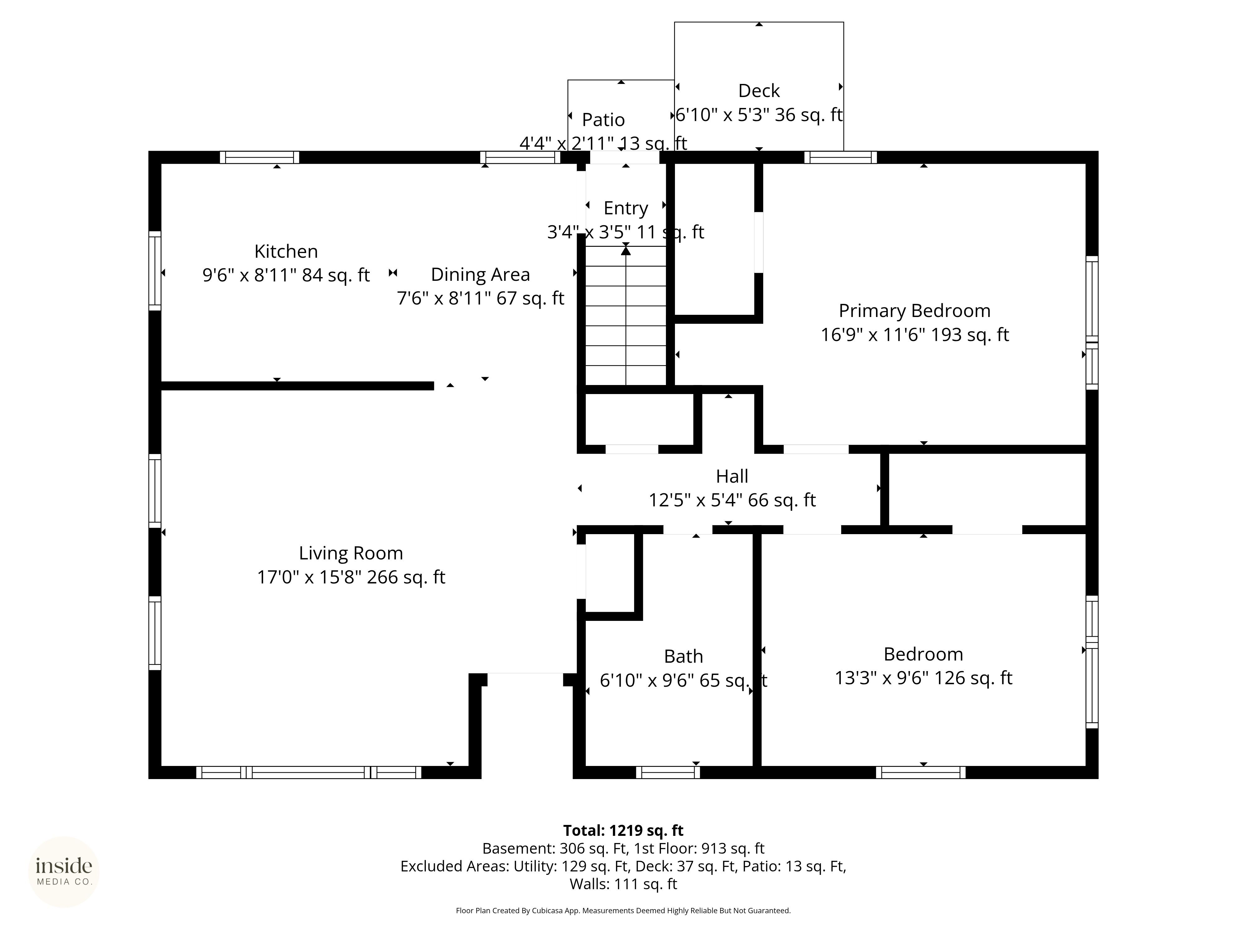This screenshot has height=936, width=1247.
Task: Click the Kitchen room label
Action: [x=286, y=251]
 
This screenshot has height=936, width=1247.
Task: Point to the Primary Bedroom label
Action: [x=914, y=311]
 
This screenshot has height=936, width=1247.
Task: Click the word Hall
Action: [x=732, y=476]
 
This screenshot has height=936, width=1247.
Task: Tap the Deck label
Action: [x=759, y=91]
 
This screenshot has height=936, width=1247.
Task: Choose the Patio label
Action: [x=603, y=119]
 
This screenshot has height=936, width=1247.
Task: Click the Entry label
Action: [x=626, y=208]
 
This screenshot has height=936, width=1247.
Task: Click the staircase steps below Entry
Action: [x=626, y=316]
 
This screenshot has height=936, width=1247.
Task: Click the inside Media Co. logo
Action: [x=64, y=872]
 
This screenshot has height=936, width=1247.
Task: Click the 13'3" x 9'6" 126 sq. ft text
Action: [x=923, y=678]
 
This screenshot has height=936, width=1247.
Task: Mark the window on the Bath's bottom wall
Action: [x=668, y=773]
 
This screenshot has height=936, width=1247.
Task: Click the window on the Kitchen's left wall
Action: [x=155, y=271]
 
